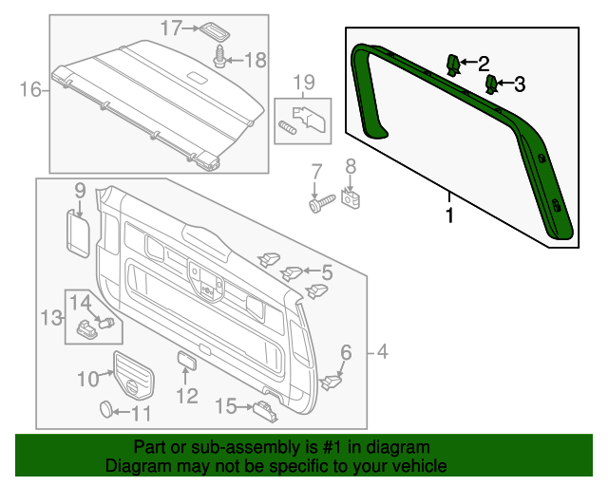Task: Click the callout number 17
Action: point(170,28)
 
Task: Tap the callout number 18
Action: point(256,60)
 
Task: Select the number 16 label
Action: point(30,90)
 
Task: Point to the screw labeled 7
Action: point(319,202)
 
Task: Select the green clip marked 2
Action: point(455,64)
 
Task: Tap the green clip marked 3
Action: point(493,85)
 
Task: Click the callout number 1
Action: point(449,215)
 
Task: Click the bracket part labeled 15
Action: point(263,409)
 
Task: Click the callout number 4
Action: point(382,353)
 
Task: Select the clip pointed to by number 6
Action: point(332,382)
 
